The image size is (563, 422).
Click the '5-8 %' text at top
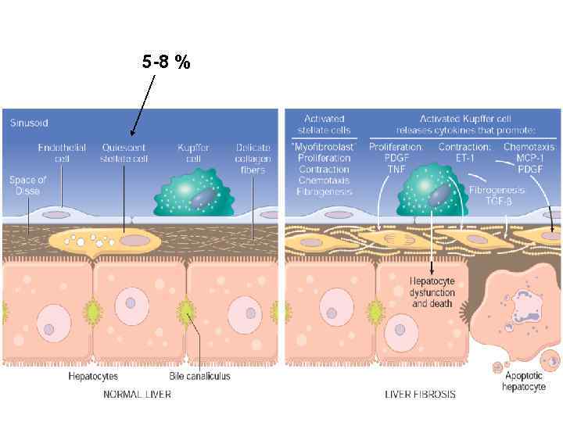point(167,63)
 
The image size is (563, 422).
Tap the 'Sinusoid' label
point(28,123)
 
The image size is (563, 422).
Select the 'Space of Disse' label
point(28,185)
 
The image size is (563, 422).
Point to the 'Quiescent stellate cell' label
point(124,152)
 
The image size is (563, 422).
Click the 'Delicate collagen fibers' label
point(253,159)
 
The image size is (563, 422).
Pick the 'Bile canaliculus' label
point(201,376)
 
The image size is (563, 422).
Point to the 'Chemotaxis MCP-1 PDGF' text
point(529,159)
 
